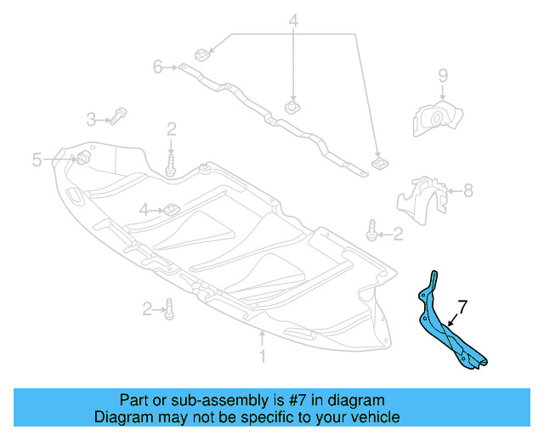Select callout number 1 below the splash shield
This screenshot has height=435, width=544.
click(x=262, y=357)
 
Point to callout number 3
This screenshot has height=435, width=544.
click(x=91, y=118)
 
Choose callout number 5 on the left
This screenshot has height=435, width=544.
click(x=37, y=159)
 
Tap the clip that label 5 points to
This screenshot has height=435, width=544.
click(x=84, y=158)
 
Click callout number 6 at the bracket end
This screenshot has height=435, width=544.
click(x=157, y=66)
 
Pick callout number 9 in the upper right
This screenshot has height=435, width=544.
click(x=442, y=77)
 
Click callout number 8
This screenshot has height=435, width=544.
click(x=468, y=191)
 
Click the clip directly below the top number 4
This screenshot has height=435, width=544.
click(x=293, y=108)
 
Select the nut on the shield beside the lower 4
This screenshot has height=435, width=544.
click(x=169, y=208)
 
